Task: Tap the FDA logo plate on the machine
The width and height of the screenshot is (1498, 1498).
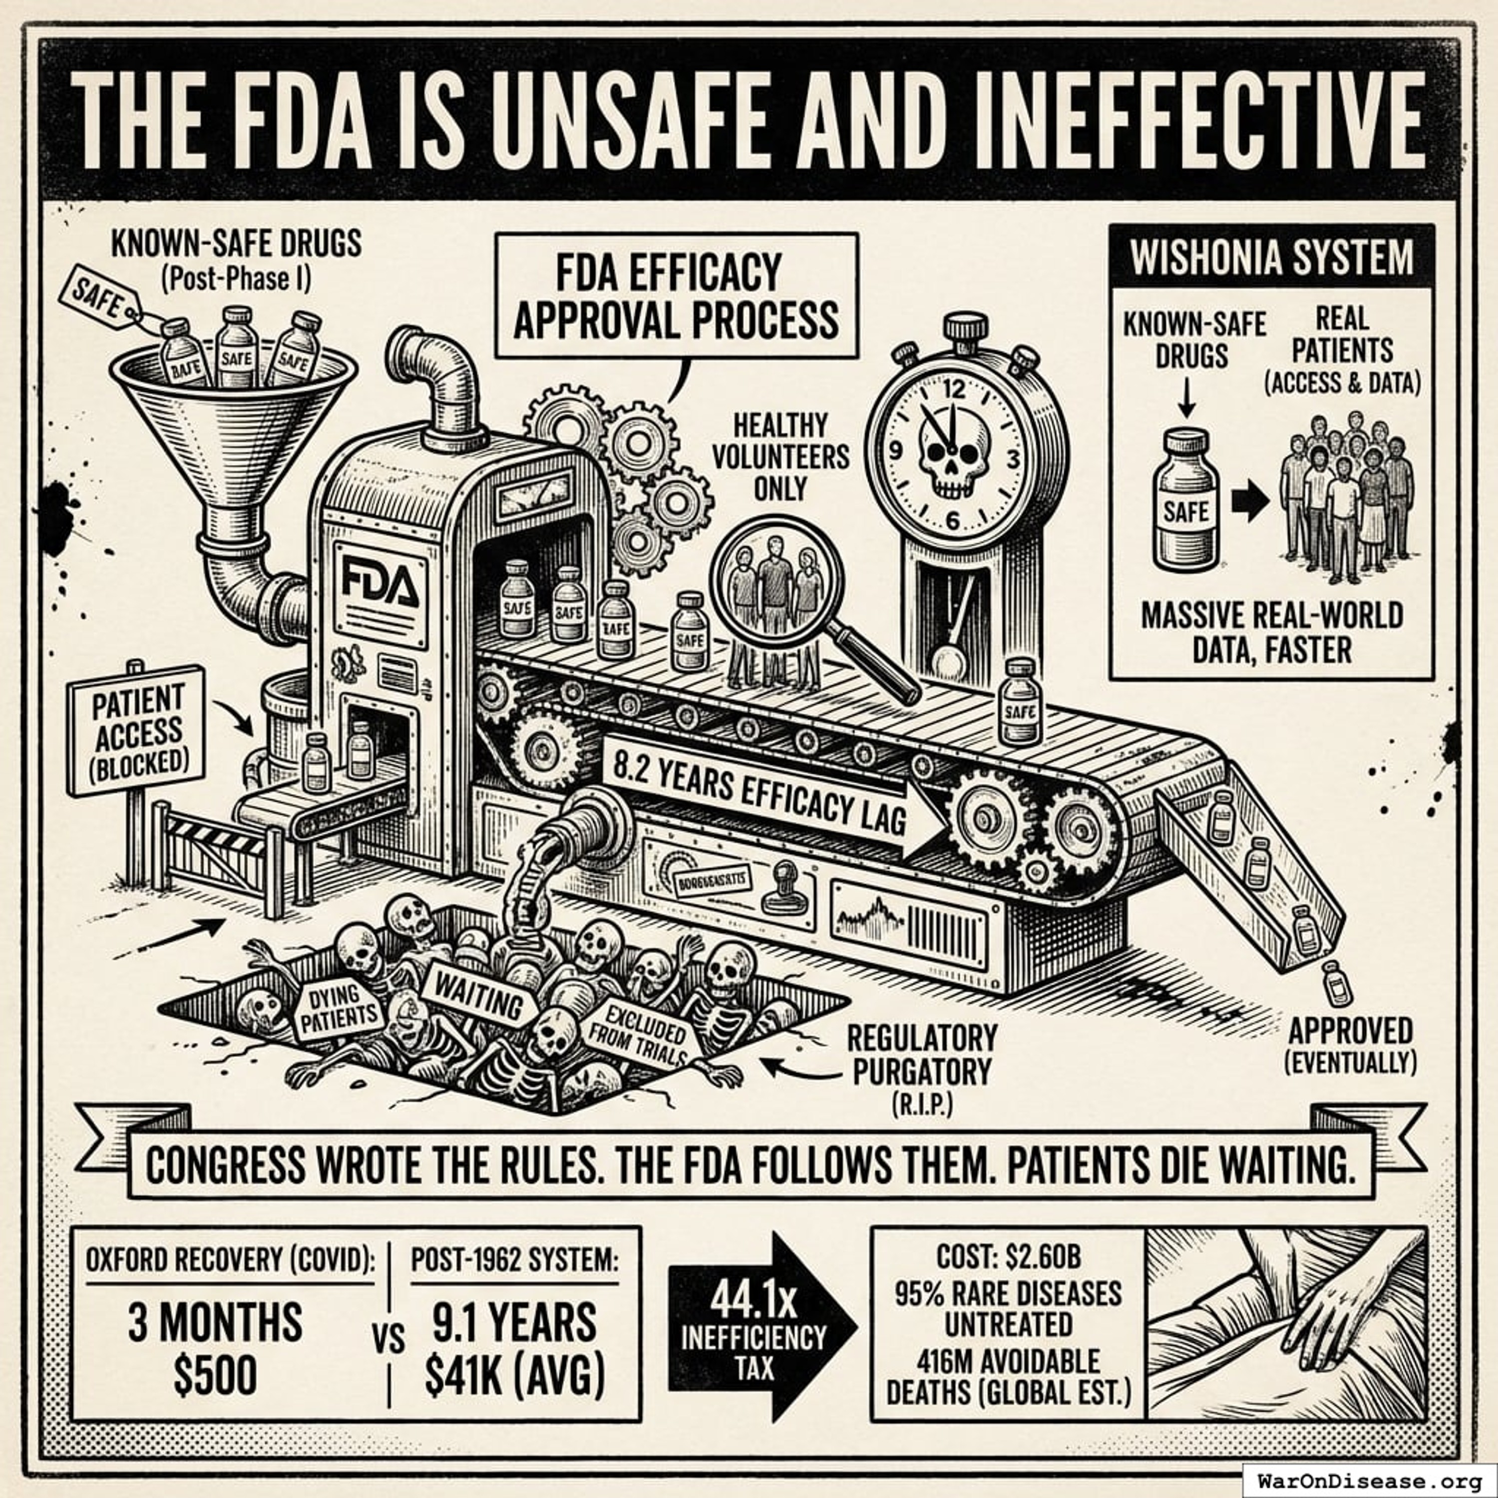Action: pos(380,594)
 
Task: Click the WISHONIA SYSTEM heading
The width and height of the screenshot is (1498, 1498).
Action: pos(1272,258)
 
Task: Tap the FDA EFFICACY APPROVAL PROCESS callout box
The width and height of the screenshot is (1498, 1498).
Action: pos(676,296)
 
